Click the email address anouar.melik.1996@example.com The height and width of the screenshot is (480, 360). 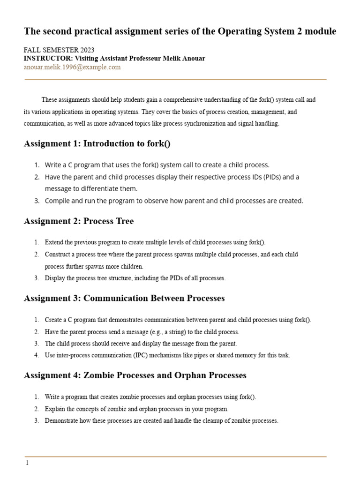pyautogui.click(x=72, y=67)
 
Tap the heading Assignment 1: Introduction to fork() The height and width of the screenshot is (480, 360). pyautogui.click(x=97, y=143)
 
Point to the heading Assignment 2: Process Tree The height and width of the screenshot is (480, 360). pyautogui.click(x=79, y=221)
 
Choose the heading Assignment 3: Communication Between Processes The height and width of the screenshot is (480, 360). pyautogui.click(x=124, y=298)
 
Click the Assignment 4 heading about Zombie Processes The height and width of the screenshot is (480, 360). pyautogui.click(x=135, y=375)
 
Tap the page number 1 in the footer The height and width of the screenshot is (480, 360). pyautogui.click(x=27, y=463)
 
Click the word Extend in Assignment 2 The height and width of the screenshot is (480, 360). pyautogui.click(x=53, y=242)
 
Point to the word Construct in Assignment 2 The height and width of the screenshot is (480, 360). pyautogui.click(x=57, y=255)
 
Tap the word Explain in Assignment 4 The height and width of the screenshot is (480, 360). pyautogui.click(x=54, y=409)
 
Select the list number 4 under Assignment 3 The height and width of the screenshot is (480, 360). pyautogui.click(x=37, y=355)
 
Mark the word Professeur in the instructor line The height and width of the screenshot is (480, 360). pyautogui.click(x=149, y=59)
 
